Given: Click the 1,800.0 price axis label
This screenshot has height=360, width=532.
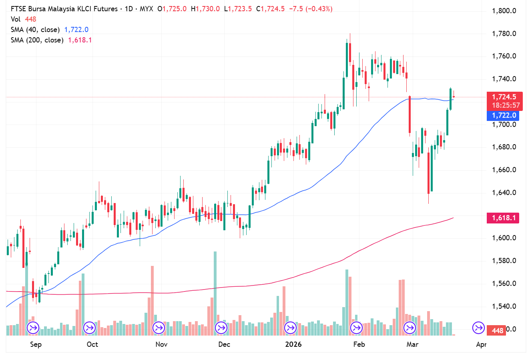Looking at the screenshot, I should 504,11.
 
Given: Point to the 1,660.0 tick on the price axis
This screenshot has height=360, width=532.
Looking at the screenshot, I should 504,170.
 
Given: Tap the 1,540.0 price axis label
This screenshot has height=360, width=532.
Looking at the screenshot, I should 504,306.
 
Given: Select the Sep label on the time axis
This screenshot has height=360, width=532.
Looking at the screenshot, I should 36,344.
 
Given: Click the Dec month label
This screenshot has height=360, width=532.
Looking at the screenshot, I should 224,344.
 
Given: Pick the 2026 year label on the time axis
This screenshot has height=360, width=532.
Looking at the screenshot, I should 293,344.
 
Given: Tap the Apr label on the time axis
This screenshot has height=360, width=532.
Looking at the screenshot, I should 481,344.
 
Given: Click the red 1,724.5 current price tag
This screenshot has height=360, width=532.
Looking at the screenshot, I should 504,97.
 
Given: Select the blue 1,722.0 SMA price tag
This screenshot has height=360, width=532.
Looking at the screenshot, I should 504,115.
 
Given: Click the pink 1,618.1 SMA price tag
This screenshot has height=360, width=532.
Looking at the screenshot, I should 504,218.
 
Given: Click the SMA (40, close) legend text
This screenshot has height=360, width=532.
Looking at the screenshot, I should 35,30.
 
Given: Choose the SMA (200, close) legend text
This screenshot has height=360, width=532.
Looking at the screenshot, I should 37,40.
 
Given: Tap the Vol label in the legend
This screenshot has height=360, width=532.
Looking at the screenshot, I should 16,19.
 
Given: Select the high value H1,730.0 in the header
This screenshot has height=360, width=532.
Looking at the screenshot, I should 205,9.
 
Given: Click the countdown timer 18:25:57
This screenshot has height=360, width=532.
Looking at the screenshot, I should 506,105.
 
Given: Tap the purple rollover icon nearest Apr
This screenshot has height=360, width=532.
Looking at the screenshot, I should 478,328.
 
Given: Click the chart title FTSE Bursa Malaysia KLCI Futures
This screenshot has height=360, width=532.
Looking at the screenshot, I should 64,9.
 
